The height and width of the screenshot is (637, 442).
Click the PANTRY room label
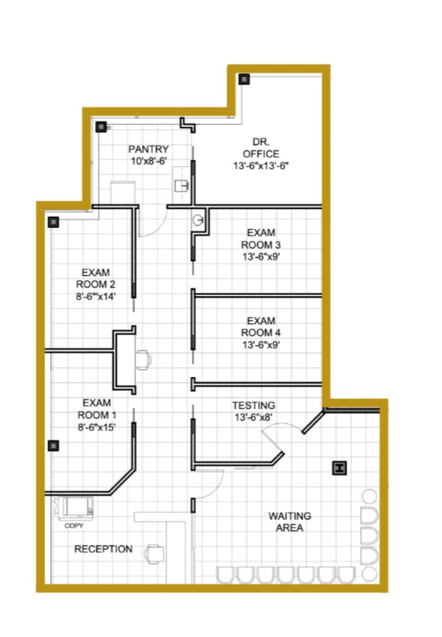point(148,149)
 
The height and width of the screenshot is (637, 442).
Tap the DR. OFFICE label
point(261,148)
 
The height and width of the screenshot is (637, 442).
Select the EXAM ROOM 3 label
point(261,239)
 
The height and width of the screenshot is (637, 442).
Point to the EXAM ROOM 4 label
point(261,327)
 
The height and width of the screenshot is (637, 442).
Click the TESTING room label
point(254,406)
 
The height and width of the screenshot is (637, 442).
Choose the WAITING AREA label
point(290,522)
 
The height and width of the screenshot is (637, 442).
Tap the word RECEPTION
point(104,549)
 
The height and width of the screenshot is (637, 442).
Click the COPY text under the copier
point(74,525)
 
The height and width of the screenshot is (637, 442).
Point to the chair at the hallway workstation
point(143,360)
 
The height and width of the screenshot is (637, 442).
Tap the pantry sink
point(182,186)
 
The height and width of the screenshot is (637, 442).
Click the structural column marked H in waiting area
point(339,468)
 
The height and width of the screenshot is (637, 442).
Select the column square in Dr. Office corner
point(244,79)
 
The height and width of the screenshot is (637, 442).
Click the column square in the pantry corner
point(101,127)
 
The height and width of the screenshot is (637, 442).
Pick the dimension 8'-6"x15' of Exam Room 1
point(97,427)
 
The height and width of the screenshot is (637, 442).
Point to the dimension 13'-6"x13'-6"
point(261,166)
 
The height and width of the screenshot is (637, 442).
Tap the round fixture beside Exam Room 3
point(198,220)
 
